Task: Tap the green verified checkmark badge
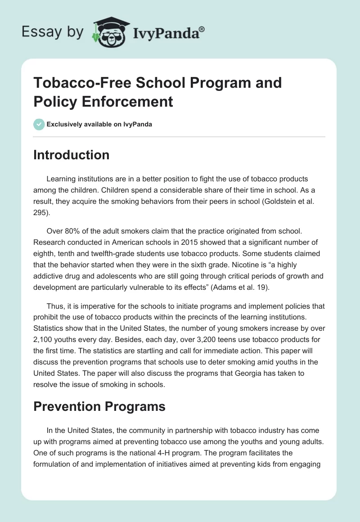(x=39, y=124)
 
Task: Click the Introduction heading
(x=71, y=155)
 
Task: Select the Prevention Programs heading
(x=99, y=407)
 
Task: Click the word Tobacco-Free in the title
(x=76, y=83)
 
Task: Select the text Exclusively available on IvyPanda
(x=99, y=124)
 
